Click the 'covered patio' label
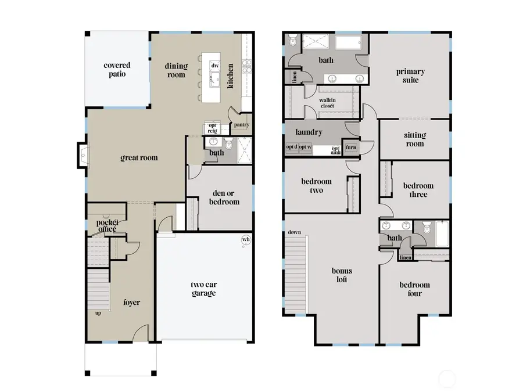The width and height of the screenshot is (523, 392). (117, 70)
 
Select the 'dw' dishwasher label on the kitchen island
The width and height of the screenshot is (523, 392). (215, 66)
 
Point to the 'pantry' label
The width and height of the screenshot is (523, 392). (242, 124)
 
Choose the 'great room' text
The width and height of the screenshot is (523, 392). (139, 157)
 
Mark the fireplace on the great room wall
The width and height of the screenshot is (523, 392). (82, 156)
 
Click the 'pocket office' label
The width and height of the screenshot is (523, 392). (108, 225)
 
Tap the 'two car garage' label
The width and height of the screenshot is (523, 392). (203, 289)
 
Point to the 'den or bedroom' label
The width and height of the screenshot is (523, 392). (224, 197)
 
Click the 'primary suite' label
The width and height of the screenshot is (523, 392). (410, 76)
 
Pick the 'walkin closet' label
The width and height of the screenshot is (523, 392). (327, 103)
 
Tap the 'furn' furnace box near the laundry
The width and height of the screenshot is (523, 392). (351, 148)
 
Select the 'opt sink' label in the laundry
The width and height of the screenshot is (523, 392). (335, 150)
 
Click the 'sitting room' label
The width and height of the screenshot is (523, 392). (415, 139)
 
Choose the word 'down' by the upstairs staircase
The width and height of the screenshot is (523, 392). (294, 233)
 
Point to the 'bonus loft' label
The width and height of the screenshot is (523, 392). (342, 275)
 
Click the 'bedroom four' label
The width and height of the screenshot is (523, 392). (414, 289)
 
